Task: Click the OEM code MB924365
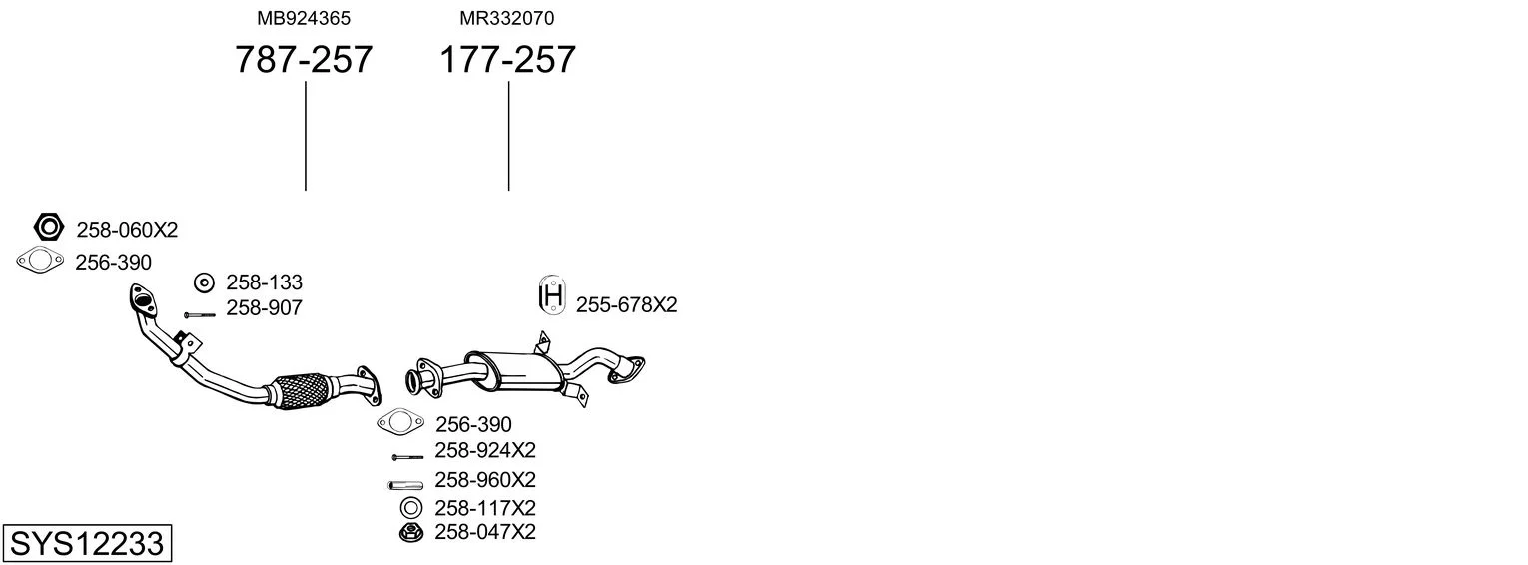pos(304,18)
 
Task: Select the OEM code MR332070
pos(506,18)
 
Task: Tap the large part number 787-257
pos(304,59)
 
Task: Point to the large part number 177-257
pos(507,59)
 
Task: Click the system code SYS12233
pos(87,544)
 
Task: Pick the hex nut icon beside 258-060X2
pos(48,227)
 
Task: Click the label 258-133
pos(264,282)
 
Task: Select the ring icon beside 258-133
pos(204,282)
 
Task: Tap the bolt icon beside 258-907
pos(199,314)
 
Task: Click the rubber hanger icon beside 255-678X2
pos(552,295)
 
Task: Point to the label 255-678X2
pos(627,304)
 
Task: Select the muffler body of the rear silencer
pos(513,372)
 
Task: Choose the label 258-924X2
pos(485,450)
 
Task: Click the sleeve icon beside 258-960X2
pos(405,485)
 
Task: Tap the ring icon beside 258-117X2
pos(411,508)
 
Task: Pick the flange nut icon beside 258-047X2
pos(411,533)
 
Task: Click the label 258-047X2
pos(485,532)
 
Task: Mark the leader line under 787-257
pos(305,136)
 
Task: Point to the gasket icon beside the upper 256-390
pos(40,260)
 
